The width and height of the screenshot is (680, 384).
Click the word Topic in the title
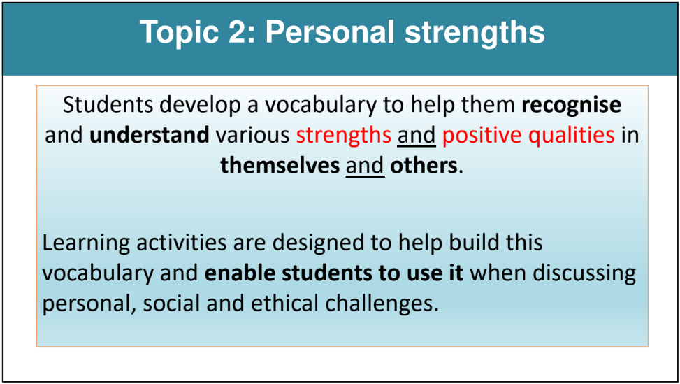pyautogui.click(x=179, y=33)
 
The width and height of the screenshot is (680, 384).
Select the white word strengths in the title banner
pyautogui.click(x=475, y=33)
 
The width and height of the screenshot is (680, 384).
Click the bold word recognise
pyautogui.click(x=571, y=106)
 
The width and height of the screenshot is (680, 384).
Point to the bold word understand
pyautogui.click(x=149, y=135)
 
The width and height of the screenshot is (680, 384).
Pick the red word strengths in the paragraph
pyautogui.click(x=343, y=136)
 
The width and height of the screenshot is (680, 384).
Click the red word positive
pyautogui.click(x=482, y=136)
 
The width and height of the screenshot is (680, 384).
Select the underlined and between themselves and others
pyautogui.click(x=365, y=166)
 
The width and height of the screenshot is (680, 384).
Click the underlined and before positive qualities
pyautogui.click(x=417, y=136)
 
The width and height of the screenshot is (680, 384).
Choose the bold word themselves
pyautogui.click(x=280, y=166)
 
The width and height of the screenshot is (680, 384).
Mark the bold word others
pyautogui.click(x=424, y=166)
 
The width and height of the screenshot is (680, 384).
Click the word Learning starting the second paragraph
pyautogui.click(x=86, y=243)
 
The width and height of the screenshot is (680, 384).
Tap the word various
pyautogui.click(x=252, y=136)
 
